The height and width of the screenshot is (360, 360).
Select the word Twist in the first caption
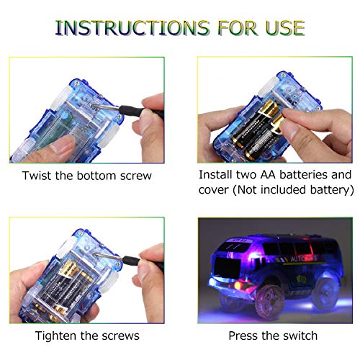[36, 175]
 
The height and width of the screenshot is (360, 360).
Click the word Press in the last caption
[245, 336]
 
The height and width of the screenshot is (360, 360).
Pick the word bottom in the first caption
[92, 175]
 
